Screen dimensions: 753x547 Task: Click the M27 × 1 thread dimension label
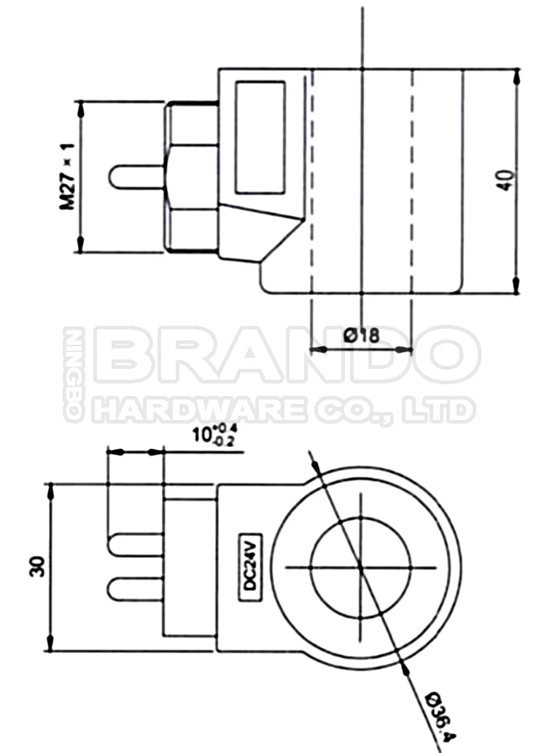pos(68,177)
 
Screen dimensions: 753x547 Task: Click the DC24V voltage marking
pos(249,566)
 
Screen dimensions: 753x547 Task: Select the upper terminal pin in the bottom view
pos(135,544)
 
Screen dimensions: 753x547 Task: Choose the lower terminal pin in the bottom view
pos(135,588)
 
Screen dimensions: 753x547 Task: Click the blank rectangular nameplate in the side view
pos(260,137)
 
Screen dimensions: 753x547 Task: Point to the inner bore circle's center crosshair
pos(361,566)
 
